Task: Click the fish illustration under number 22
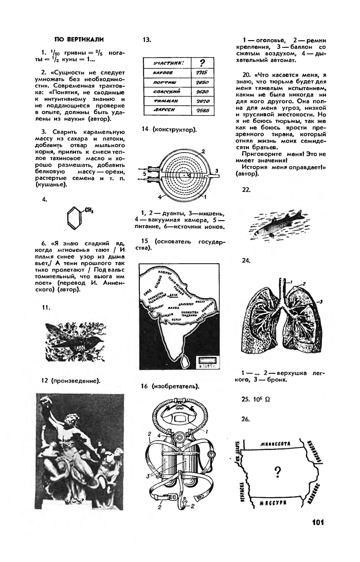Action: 273,225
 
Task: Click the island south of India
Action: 185,363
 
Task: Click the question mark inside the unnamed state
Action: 278,472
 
